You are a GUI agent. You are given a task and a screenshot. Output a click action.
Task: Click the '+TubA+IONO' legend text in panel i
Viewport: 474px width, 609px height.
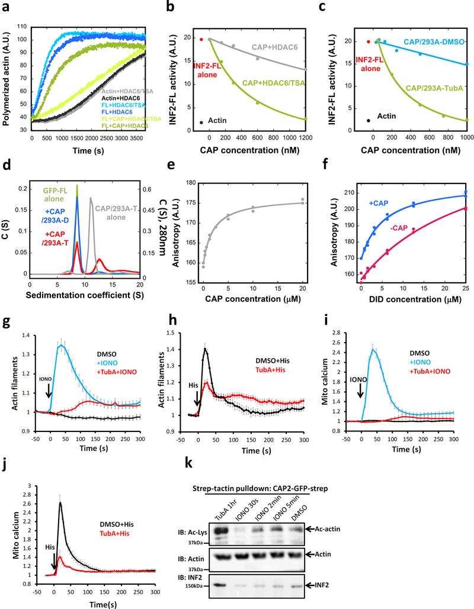tap(427, 355)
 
